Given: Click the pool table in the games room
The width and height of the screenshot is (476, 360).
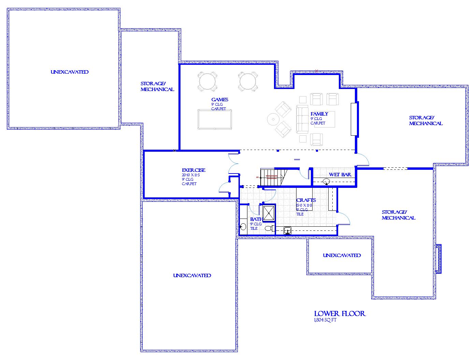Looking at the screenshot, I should [x=214, y=119].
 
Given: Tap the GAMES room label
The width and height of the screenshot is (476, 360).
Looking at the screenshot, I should [x=220, y=100].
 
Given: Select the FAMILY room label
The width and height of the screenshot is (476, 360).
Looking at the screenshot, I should [x=319, y=114].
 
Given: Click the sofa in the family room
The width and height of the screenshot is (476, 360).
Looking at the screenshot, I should [x=302, y=119].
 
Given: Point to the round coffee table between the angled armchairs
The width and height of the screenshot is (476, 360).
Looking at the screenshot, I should [x=273, y=119].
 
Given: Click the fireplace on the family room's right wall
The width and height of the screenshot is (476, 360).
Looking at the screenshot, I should [x=354, y=119].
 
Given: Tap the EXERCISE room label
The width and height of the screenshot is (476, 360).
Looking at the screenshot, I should [x=193, y=170].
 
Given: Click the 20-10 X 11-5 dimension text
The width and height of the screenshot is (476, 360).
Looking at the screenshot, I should [x=191, y=175].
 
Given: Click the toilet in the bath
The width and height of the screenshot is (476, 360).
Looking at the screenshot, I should [x=269, y=228].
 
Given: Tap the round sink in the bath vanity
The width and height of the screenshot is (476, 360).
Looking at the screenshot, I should [x=243, y=226].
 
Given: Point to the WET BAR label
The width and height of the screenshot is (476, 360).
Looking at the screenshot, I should [x=340, y=175].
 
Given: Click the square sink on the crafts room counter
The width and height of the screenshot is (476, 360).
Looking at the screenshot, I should [x=288, y=231].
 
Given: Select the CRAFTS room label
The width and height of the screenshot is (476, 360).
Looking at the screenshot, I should [x=306, y=200].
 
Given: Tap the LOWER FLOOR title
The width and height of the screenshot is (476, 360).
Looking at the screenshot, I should [x=340, y=314].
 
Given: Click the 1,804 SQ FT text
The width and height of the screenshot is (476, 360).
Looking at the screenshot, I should [x=325, y=320].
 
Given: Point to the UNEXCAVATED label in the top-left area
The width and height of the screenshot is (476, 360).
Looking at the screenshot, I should [x=70, y=72].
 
